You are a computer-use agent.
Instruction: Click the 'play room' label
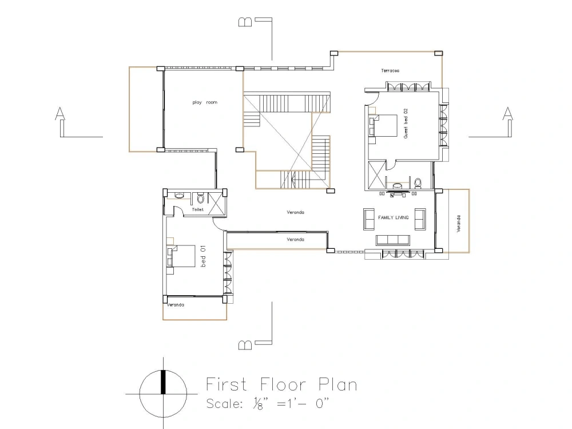(x=205, y=102)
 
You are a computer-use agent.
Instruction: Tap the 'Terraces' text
(x=390, y=70)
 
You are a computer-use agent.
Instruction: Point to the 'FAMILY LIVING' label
(x=394, y=217)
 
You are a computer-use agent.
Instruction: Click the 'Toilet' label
(x=198, y=209)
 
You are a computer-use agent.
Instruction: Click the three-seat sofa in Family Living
(x=395, y=239)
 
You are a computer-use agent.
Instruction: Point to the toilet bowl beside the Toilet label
(x=200, y=198)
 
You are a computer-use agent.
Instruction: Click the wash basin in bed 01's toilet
(x=179, y=196)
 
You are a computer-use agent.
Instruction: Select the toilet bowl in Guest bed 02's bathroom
(x=418, y=183)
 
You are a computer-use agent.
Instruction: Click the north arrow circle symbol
(x=164, y=394)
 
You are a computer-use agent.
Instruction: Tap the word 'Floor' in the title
(x=280, y=384)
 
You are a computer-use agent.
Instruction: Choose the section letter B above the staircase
(x=245, y=22)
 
